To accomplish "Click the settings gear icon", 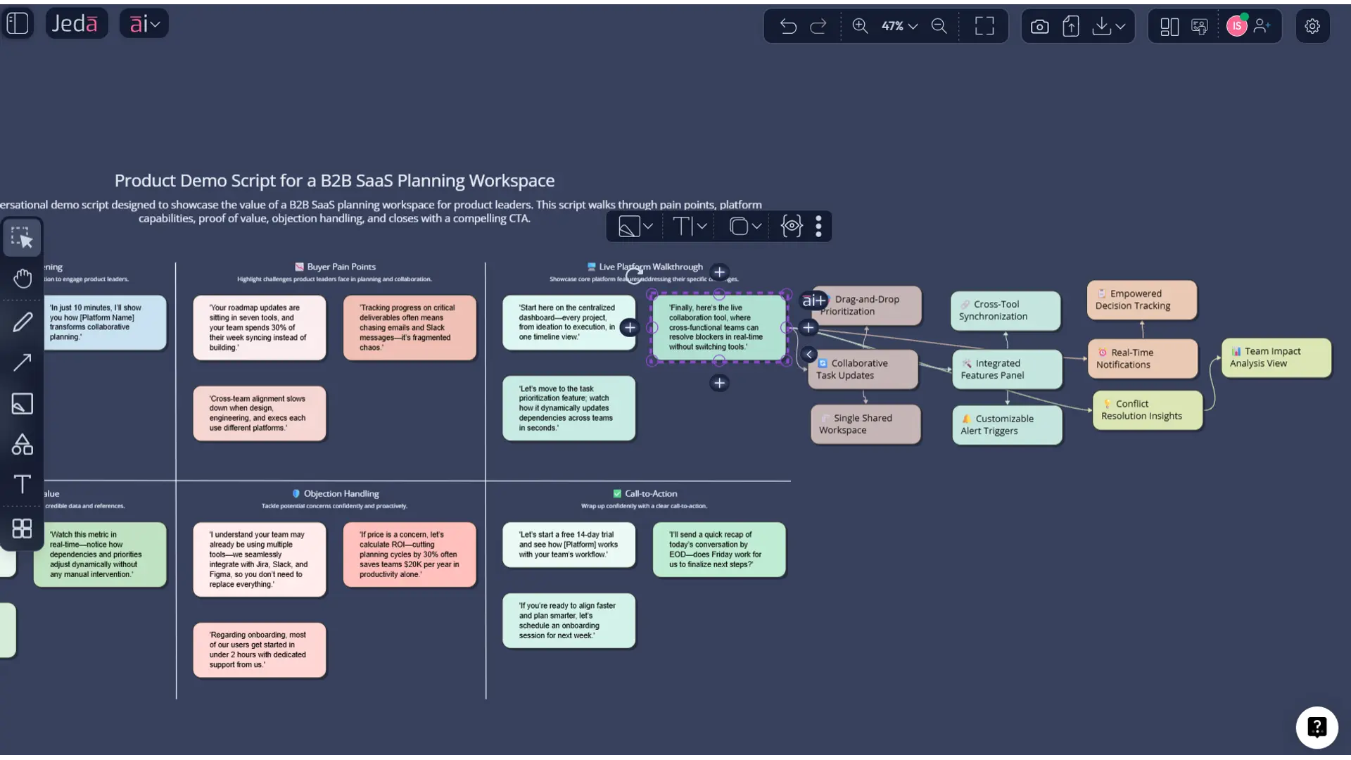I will (x=1312, y=26).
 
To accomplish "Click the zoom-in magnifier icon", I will (x=860, y=26).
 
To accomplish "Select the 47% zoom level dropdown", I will (x=899, y=26).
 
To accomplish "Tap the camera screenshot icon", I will (x=1039, y=26).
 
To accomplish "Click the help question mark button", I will (x=1317, y=727).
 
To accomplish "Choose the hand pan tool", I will (x=23, y=279).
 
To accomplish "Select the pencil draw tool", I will (x=23, y=322).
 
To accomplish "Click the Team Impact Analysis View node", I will (x=1276, y=357).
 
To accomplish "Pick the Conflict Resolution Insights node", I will (x=1147, y=410).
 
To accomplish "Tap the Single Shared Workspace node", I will (x=865, y=424).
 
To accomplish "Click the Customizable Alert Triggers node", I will (x=1006, y=424).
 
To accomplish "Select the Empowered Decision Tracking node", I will (x=1141, y=300).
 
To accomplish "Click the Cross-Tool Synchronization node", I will (x=1005, y=310).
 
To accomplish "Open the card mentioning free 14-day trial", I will (x=569, y=544).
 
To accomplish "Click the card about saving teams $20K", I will (x=410, y=554).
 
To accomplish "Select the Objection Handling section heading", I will (x=341, y=493).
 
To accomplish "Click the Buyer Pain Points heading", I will (x=341, y=267).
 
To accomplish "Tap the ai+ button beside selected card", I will (x=813, y=300).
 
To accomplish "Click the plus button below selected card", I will (x=719, y=383).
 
